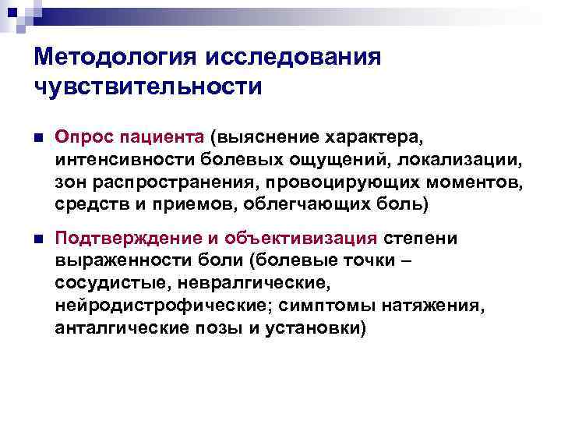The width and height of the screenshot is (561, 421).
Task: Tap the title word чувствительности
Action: point(147,87)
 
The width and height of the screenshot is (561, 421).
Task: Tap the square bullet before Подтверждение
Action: point(40,239)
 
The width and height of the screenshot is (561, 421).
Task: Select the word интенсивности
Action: point(113,160)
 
